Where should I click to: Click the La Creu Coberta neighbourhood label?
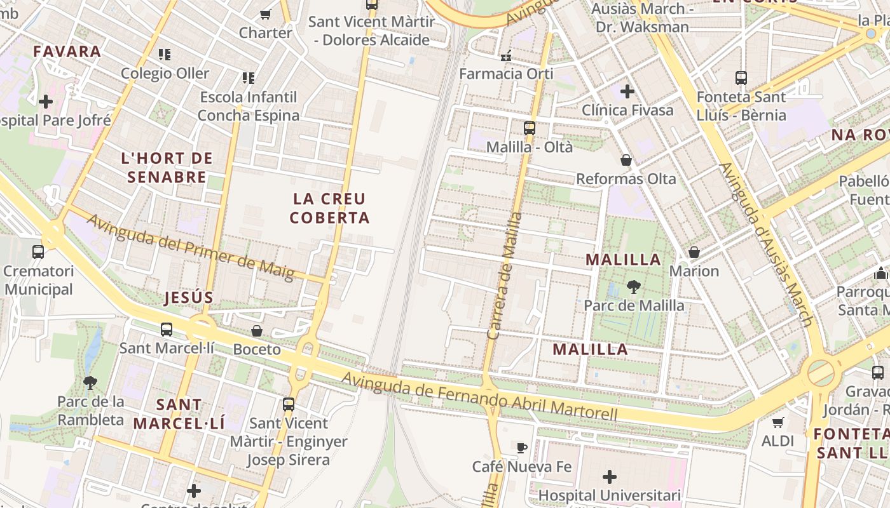329,208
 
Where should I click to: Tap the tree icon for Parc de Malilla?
633,287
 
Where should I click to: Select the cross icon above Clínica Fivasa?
627,91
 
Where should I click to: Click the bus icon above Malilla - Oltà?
530,128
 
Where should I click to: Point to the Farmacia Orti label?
506,74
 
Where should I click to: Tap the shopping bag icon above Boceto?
257,331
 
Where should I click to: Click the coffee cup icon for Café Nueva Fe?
522,448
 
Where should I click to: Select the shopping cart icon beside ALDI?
777,422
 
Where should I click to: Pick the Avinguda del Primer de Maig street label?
190,248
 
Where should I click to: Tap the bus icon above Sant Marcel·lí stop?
167,330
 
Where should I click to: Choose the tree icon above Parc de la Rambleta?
90,382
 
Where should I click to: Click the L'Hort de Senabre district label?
167,168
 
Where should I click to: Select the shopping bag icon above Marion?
694,252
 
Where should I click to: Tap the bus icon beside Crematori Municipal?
38,252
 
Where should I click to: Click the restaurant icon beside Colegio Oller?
165,55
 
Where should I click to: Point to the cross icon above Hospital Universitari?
610,476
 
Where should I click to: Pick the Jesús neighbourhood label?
189,298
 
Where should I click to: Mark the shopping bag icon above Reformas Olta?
626,160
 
